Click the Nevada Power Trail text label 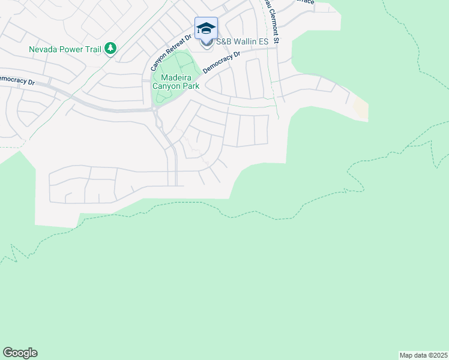(65, 49)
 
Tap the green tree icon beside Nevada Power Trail (110, 49)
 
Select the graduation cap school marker (206, 29)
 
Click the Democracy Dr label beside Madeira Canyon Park (221, 62)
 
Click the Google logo (20, 353)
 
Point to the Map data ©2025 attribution (423, 355)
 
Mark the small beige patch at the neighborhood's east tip (361, 109)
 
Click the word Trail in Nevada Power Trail (93, 49)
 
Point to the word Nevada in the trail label (43, 49)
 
